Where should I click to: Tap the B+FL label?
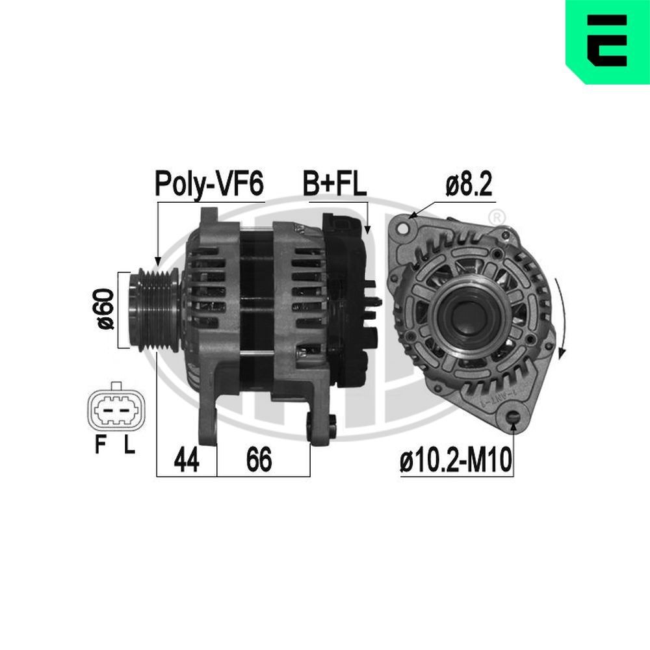335,184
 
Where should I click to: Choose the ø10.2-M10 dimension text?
456,461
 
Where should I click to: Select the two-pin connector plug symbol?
116,409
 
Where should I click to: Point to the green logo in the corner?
607,42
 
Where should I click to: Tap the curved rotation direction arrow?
561,318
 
